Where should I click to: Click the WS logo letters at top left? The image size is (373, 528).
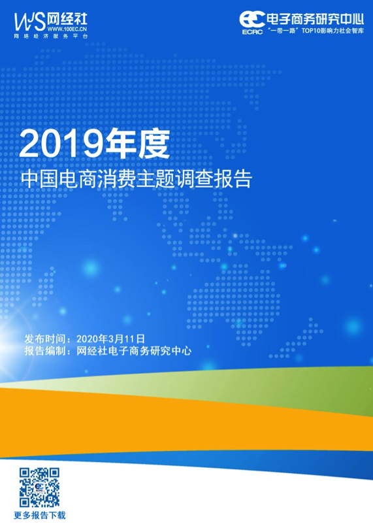click(x=29, y=22)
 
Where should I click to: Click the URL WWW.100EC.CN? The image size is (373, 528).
click(x=67, y=29)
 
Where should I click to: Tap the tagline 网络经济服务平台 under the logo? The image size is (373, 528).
click(x=51, y=37)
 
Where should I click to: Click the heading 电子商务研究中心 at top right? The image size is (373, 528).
click(x=316, y=19)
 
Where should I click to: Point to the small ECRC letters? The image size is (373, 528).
click(x=253, y=32)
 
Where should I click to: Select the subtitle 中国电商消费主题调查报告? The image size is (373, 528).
click(x=137, y=179)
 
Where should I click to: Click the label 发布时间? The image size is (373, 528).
click(x=46, y=338)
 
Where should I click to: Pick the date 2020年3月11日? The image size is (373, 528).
click(x=111, y=338)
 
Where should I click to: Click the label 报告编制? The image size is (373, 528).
click(x=46, y=351)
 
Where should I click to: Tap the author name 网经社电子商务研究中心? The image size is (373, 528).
click(x=134, y=351)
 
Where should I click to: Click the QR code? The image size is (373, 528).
click(x=39, y=487)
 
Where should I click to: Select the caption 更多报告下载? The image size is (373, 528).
click(x=40, y=515)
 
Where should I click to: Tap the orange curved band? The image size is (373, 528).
click(x=169, y=424)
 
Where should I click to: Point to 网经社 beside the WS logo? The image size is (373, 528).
click(x=67, y=19)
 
